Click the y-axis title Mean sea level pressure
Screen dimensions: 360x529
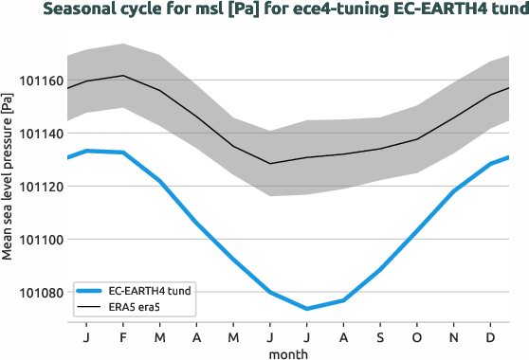(9, 174)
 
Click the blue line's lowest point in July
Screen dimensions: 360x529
(306, 309)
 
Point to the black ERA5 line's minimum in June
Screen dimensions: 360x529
(270, 164)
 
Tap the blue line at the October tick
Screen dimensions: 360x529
(417, 232)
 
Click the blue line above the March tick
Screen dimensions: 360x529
(159, 181)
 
